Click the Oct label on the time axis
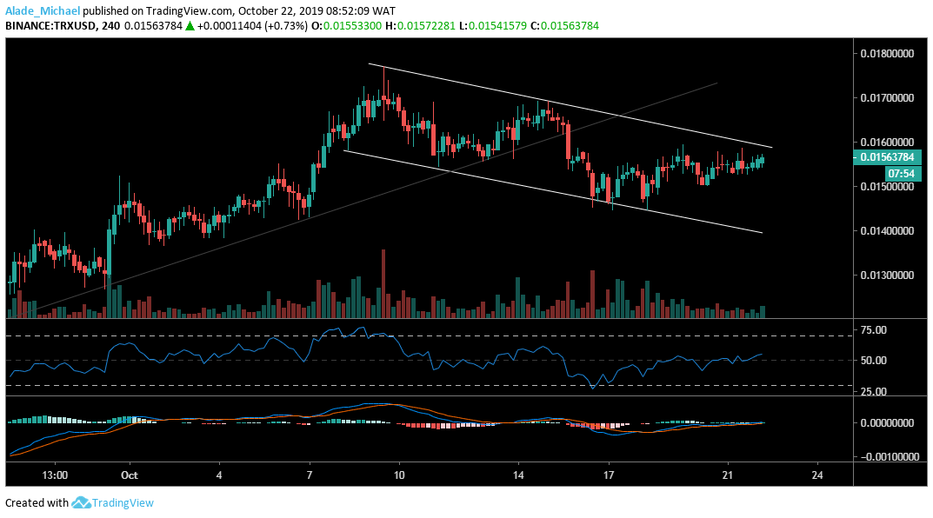point(130,475)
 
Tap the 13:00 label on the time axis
point(55,475)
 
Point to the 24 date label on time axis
point(816,475)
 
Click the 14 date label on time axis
point(518,475)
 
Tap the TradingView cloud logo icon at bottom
point(82,502)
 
